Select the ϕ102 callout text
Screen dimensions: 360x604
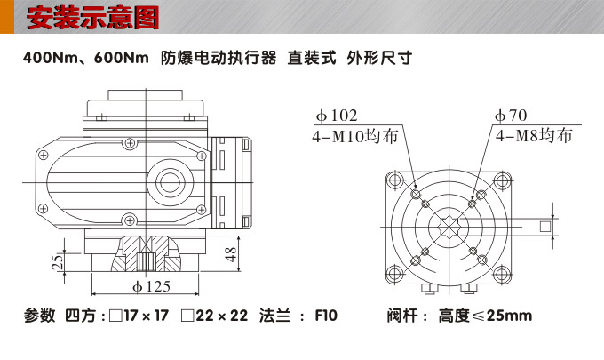[x=337, y=116]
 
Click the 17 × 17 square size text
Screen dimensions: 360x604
[x=144, y=316]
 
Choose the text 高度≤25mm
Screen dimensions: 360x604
[x=485, y=316]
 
